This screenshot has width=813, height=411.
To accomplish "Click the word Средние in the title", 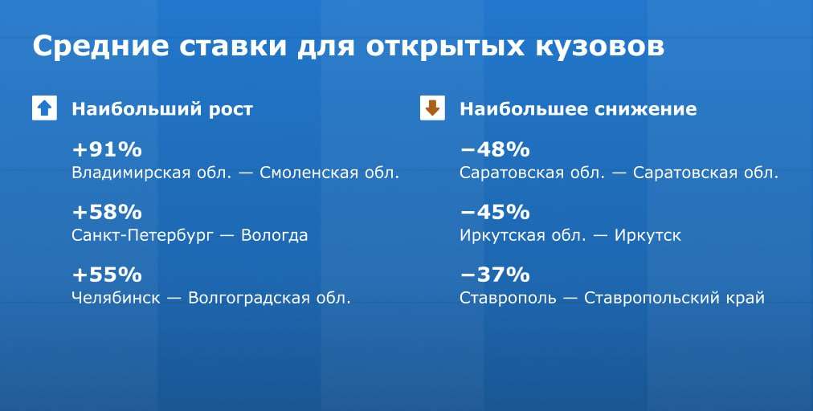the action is [100, 47].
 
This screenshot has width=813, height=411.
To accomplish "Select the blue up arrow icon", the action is [45, 108].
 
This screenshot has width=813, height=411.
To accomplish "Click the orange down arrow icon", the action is [432, 108].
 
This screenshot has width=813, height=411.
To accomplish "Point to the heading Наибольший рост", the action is [162, 109].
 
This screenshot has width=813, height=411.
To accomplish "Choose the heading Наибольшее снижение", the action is [578, 109].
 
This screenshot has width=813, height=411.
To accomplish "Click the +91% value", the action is [107, 150].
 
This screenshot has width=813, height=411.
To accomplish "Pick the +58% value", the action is [107, 212].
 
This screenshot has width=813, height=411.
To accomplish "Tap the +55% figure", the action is [107, 275].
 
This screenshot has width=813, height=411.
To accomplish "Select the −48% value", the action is [495, 150].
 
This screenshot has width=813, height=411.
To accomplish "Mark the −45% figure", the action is [495, 212].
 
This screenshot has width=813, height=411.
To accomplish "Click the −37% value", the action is [495, 275].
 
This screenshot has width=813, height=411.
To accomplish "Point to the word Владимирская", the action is [131, 173].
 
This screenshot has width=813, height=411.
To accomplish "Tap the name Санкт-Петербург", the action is [142, 235].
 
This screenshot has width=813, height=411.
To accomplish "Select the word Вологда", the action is [275, 236].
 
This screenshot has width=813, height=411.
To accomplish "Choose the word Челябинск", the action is [116, 298].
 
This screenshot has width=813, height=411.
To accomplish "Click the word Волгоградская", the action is [248, 298].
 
